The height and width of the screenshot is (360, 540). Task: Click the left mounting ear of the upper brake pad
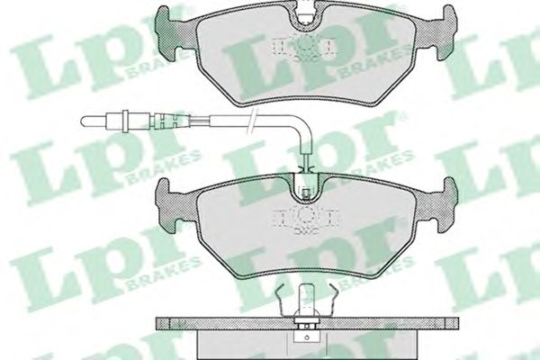[166, 31]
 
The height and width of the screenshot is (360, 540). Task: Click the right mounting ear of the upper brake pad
[446, 31]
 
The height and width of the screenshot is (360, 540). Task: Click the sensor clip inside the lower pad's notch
[306, 193]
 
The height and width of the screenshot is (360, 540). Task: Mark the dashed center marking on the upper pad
[305, 47]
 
